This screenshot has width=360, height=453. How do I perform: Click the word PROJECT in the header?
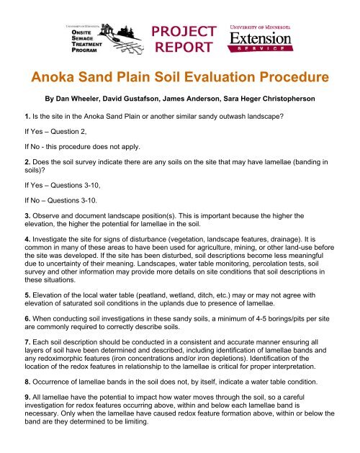click(x=184, y=31)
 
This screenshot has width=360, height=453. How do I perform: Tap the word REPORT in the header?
click(x=184, y=48)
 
